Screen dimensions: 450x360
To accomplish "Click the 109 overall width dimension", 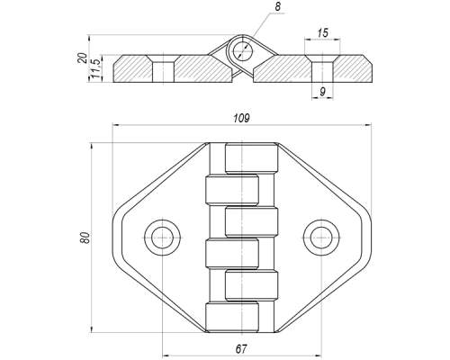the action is tap(241, 119).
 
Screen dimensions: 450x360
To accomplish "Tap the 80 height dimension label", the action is tap(85, 238).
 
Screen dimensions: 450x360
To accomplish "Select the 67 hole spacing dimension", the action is tap(241, 349).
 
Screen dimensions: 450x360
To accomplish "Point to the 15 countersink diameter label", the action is tap(323, 32).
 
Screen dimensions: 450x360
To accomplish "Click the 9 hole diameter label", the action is tap(322, 92).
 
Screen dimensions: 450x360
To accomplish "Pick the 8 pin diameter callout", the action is tap(278, 6).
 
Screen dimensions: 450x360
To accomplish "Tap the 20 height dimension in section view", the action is tap(82, 58).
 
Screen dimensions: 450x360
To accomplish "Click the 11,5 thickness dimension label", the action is tap(95, 68).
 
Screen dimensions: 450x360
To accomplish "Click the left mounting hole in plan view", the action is tap(162, 238).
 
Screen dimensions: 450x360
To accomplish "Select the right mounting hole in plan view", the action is tap(321, 238).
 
